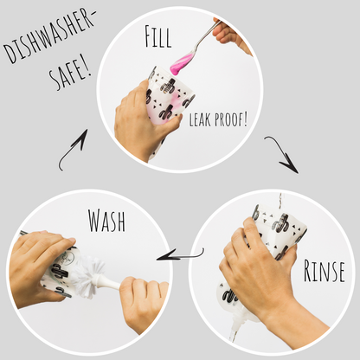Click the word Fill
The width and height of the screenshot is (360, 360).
coord(157,36)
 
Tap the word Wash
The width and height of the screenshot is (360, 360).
coord(106,221)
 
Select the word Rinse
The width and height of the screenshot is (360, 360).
coord(324,271)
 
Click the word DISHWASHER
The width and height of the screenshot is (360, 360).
coord(48,35)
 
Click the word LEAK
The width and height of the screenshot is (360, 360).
coord(200,119)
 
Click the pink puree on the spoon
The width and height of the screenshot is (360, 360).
coord(182,63)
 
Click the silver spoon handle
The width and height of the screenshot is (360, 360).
coord(206,36)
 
